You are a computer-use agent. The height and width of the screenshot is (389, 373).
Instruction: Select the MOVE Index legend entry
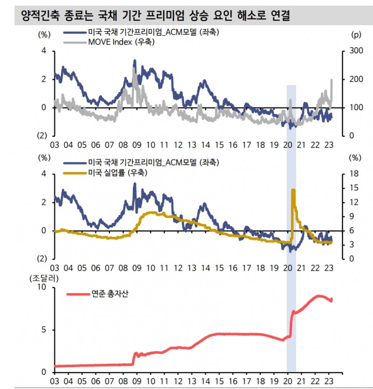point(119,42)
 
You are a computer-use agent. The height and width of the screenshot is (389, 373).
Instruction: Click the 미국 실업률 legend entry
point(117,173)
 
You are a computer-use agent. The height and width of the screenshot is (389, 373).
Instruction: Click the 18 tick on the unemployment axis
point(353,174)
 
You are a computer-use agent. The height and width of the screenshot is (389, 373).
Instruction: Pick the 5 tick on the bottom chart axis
point(44,330)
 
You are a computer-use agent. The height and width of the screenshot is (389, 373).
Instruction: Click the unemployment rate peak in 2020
point(293,190)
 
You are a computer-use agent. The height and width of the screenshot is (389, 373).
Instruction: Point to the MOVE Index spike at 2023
point(332,80)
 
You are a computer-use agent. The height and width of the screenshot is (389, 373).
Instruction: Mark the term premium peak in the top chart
point(135,60)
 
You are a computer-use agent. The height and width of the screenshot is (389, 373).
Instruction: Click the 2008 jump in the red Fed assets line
point(135,354)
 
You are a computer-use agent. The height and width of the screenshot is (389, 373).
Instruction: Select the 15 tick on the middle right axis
point(353,188)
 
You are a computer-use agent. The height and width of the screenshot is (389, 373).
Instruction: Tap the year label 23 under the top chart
point(328,145)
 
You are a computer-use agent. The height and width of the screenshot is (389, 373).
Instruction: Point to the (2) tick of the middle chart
point(42,259)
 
